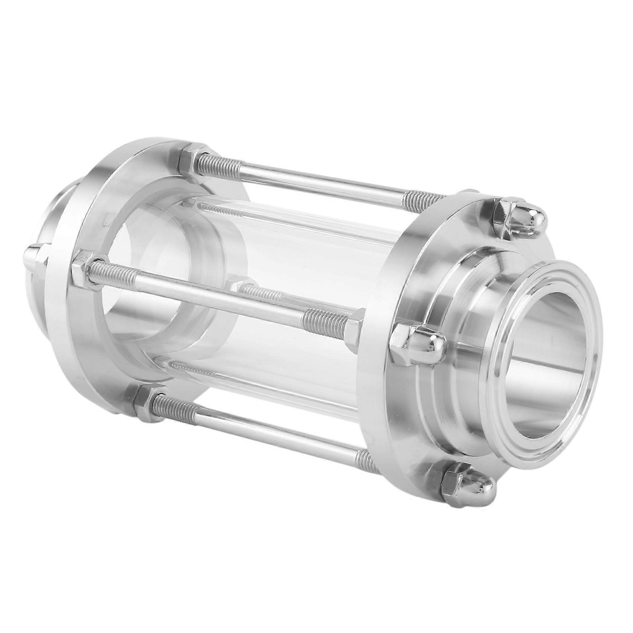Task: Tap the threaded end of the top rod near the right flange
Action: (x=424, y=197)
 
